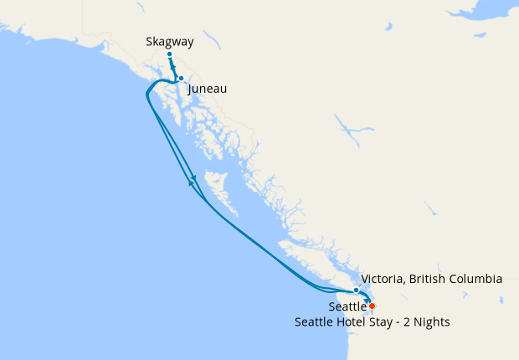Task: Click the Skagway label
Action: tap(170, 40)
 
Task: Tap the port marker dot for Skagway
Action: tap(169, 54)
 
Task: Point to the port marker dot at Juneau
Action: tap(181, 79)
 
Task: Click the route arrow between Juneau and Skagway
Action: tap(173, 68)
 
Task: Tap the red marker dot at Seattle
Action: tap(372, 306)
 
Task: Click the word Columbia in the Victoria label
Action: tap(474, 279)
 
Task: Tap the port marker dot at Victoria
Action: tap(357, 290)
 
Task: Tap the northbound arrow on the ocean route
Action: tap(191, 183)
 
